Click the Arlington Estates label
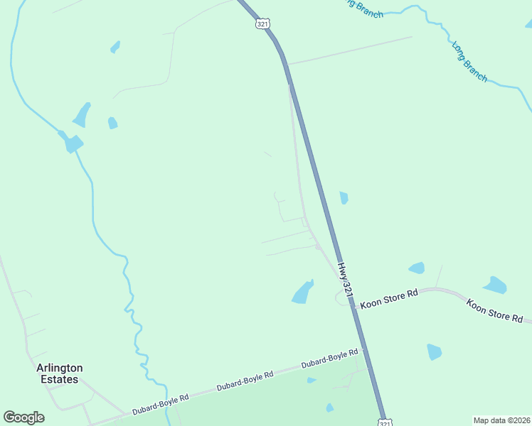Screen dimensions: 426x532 click(x=60, y=373)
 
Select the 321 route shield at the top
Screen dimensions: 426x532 click(x=263, y=23)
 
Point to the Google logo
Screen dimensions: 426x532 click(x=23, y=417)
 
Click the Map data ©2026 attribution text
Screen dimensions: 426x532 click(x=501, y=420)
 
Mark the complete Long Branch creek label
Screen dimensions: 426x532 click(x=469, y=61)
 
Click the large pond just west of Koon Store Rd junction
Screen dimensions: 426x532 click(x=303, y=292)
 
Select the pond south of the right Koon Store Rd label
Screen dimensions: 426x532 click(x=434, y=351)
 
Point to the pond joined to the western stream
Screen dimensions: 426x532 click(x=72, y=143)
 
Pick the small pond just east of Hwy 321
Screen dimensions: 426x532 click(x=344, y=198)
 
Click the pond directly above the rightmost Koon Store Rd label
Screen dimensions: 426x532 click(x=495, y=285)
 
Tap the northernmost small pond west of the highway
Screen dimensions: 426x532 click(x=115, y=47)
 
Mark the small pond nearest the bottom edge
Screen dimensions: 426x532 click(x=329, y=408)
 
